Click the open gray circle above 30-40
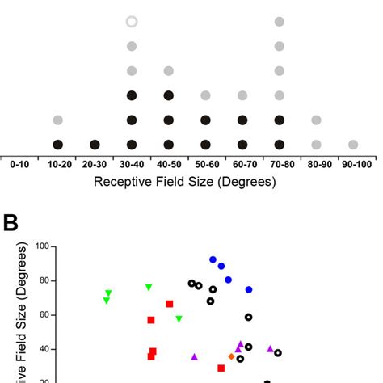pos(132,22)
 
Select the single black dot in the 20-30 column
pos(95,145)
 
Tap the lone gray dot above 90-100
pos(353,145)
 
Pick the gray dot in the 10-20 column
pos(58,120)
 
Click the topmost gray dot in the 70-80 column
pos(279,22)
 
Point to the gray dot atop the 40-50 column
pos(168,71)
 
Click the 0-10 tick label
pos(21,164)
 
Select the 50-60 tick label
pos(205,164)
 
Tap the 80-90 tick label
pos(316,164)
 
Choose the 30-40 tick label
pos(132,164)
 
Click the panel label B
pos(12,221)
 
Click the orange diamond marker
pos(232,356)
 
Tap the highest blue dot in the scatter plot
pos(213,260)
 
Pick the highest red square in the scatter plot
pos(170,304)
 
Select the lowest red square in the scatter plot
pos(221,368)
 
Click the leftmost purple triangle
pos(195,356)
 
